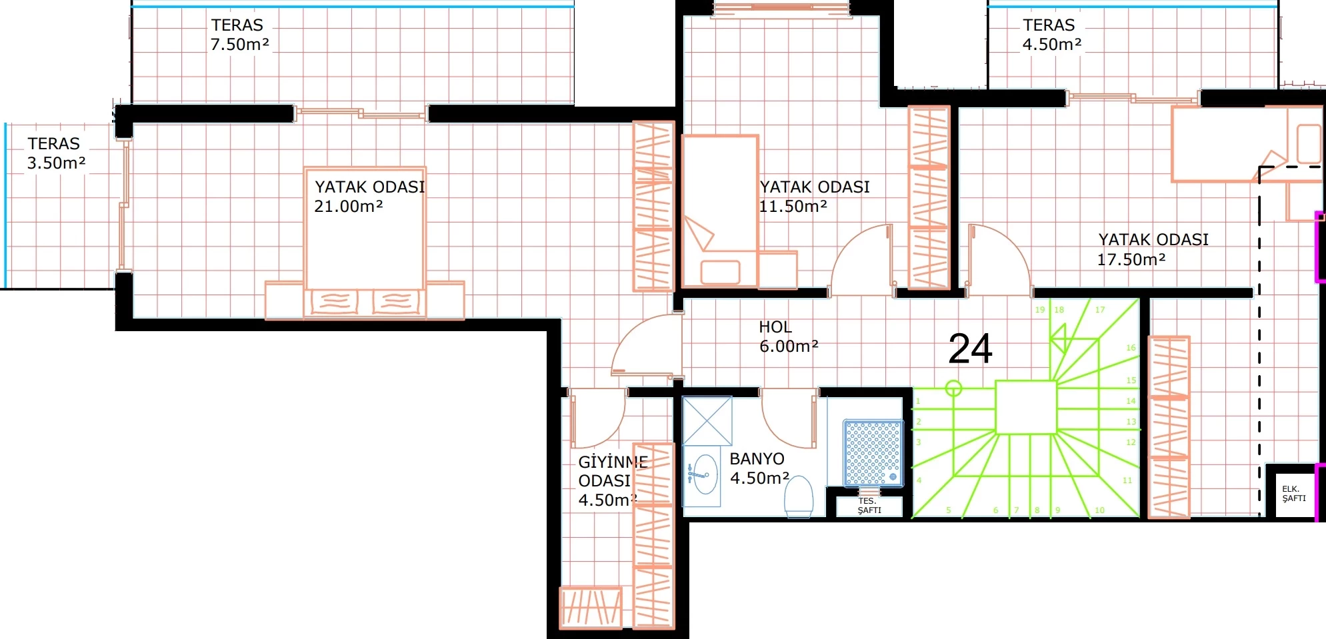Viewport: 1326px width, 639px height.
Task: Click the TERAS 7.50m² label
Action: point(240,35)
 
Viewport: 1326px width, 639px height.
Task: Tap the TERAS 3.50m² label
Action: point(56,153)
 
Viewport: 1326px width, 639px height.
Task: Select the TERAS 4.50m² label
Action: point(1052,35)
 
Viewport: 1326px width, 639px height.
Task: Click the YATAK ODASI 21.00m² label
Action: point(369,197)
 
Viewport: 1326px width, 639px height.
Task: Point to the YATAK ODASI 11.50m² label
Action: point(814,197)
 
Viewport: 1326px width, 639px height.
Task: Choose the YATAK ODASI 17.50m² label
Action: point(1153,249)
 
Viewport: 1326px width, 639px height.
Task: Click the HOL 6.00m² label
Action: point(789,336)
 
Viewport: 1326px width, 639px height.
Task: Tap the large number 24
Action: point(970,348)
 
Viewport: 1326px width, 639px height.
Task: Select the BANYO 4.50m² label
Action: point(759,468)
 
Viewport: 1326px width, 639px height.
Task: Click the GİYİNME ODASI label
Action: point(613,471)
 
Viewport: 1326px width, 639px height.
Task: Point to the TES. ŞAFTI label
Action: point(869,505)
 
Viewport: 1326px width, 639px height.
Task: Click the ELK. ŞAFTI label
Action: point(1294,493)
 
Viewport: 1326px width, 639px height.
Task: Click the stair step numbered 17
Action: point(1100,310)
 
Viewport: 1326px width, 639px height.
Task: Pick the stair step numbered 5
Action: point(949,510)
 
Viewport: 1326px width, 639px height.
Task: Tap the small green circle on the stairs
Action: point(954,388)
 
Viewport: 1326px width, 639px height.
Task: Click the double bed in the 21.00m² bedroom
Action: point(365,243)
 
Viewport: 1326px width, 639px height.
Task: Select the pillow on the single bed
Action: point(721,273)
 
